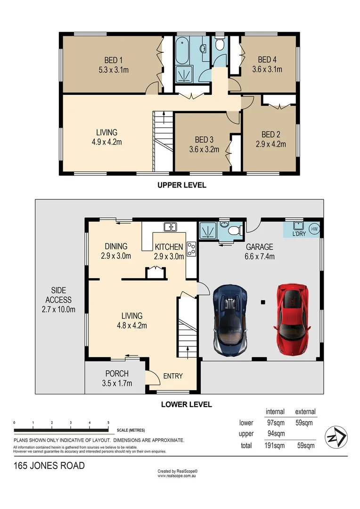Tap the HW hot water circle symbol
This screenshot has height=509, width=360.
[315, 230]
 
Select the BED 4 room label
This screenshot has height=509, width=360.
[267, 60]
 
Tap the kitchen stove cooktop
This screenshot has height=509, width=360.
[191, 249]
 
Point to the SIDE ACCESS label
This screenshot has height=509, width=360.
[58, 295]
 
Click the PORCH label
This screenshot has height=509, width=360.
[117, 374]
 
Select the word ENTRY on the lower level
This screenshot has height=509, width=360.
[172, 376]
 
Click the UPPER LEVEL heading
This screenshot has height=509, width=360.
[181, 185]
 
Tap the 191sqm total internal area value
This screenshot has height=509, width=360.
[275, 445]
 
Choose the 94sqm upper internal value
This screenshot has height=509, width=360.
[275, 434]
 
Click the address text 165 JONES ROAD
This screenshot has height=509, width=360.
[49, 466]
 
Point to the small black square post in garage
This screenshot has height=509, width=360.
[263, 302]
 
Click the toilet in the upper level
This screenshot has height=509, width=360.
[219, 45]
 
